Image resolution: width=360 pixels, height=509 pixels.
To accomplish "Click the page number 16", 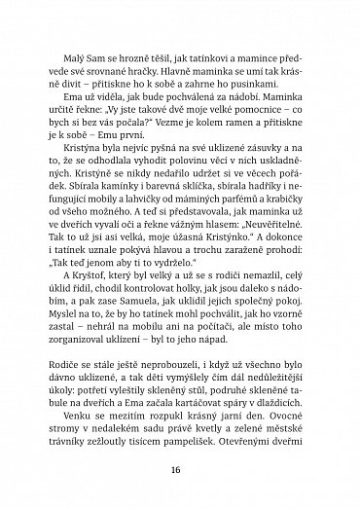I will click(181, 467).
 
